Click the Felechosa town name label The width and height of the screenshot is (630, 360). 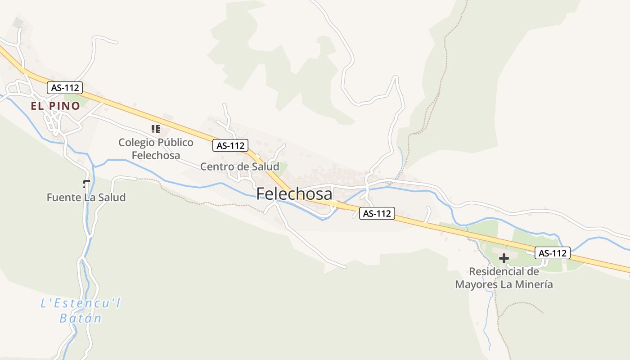pos(294,193)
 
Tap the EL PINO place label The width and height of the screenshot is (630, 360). pos(55,106)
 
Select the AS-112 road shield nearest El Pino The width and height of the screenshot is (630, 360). pos(65,88)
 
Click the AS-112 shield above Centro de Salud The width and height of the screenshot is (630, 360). pos(230,145)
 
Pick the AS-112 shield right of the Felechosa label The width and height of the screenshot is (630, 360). pos(377,213)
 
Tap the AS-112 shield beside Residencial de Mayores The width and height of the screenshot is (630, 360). pos(553,253)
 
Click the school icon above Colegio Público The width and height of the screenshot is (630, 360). pos(156,130)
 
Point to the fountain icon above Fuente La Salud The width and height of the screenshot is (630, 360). pos(86,184)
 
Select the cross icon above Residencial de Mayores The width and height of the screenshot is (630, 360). pos(504,258)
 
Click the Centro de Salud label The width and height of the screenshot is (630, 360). pos(239,166)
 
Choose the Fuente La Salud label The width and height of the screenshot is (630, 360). pos(86,197)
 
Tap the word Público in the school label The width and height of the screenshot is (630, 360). pos(173,143)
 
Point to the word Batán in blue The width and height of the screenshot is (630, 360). pos(81,318)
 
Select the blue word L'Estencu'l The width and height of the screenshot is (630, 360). pos(81,304)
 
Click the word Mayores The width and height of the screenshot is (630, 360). pos(474,284)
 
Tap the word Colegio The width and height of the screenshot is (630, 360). pos(134,143)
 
